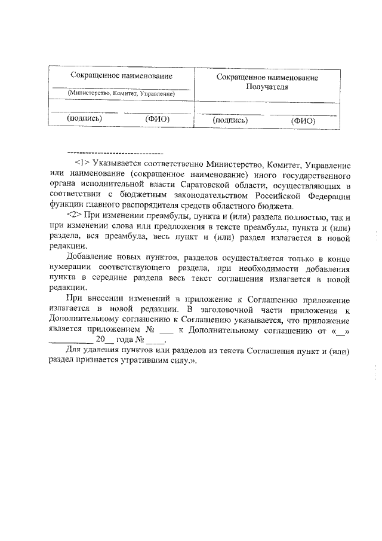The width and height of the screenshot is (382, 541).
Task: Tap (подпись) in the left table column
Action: pyautogui.click(x=84, y=119)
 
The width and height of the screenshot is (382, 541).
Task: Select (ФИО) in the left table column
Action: pyautogui.click(x=158, y=119)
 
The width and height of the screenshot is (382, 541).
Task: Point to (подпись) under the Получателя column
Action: pyautogui.click(x=230, y=120)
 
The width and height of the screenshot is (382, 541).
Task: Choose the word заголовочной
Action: pyautogui.click(x=226, y=309)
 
